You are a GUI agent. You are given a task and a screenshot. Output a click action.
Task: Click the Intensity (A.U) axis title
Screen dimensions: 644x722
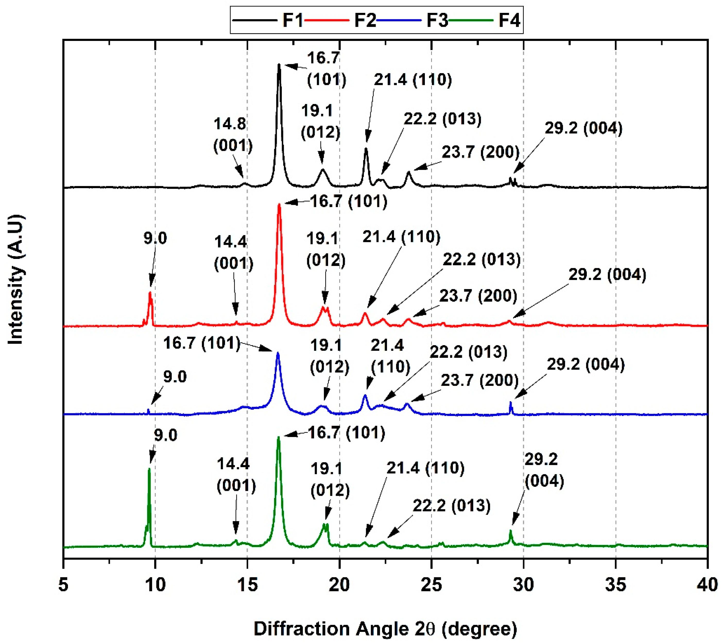click(16, 280)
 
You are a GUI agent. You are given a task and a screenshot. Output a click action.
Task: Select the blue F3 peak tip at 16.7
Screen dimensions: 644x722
click(278, 353)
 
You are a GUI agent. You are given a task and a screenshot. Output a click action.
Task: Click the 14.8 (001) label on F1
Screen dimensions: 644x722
click(233, 135)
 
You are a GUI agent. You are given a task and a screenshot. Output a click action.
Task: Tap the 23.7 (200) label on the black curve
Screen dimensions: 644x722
click(480, 152)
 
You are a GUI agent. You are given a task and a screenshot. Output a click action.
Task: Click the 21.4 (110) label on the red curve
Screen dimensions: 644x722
click(401, 237)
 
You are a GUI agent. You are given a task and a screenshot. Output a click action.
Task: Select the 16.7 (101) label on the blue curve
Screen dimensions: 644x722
click(202, 343)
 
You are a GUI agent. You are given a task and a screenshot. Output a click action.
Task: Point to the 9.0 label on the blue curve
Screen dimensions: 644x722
click(175, 377)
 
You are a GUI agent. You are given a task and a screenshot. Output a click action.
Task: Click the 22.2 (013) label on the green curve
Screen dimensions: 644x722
click(452, 506)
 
